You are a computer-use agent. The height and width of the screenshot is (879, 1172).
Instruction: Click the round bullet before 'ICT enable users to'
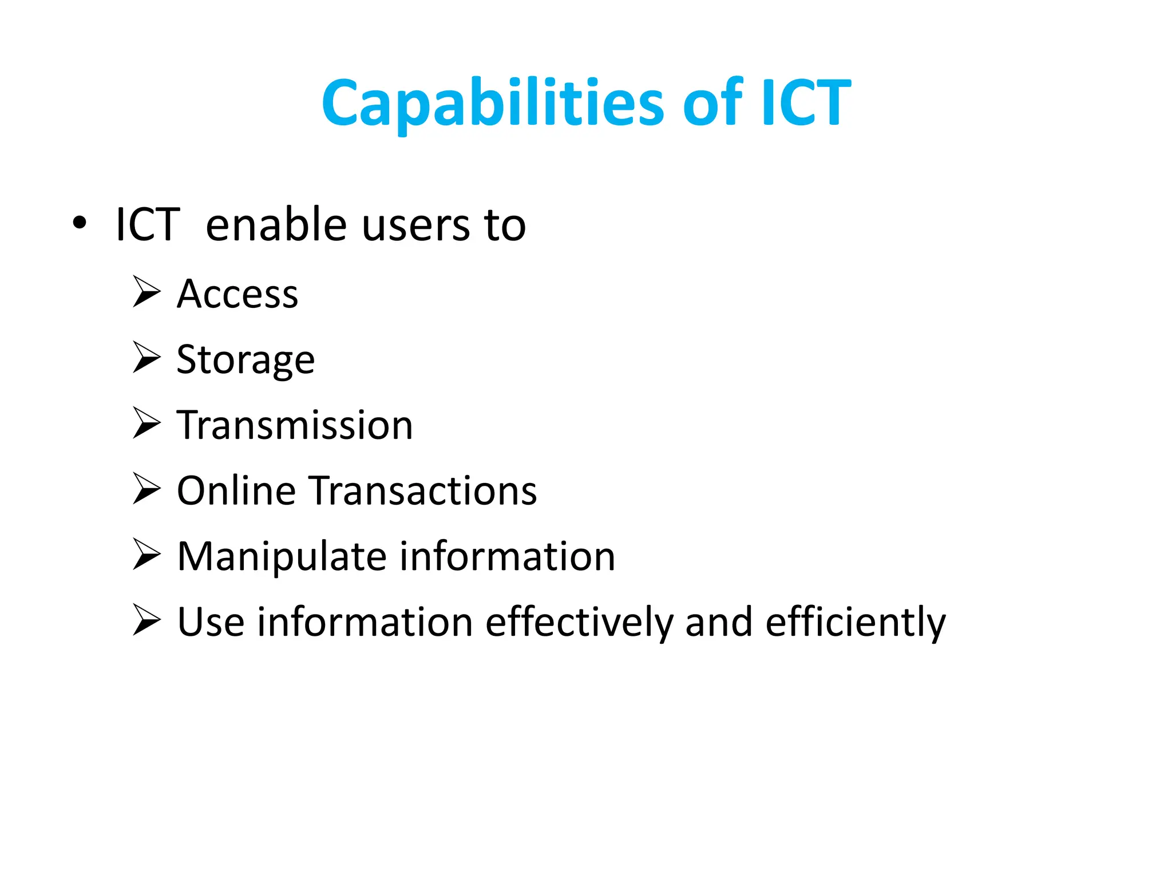coord(80,223)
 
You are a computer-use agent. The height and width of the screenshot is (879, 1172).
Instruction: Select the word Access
coord(237,294)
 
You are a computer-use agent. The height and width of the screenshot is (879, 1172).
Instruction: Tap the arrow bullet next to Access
coord(146,292)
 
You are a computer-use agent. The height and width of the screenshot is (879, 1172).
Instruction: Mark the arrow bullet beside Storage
coord(146,357)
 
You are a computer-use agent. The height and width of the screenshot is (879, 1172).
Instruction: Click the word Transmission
coord(295,425)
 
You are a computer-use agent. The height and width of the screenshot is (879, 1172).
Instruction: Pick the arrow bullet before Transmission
coord(146,423)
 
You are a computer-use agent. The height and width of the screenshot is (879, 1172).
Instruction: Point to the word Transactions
coord(424,491)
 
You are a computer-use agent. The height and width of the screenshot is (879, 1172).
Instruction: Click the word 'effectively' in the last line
coord(579,623)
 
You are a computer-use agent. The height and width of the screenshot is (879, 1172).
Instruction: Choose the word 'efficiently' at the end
coord(856,623)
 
